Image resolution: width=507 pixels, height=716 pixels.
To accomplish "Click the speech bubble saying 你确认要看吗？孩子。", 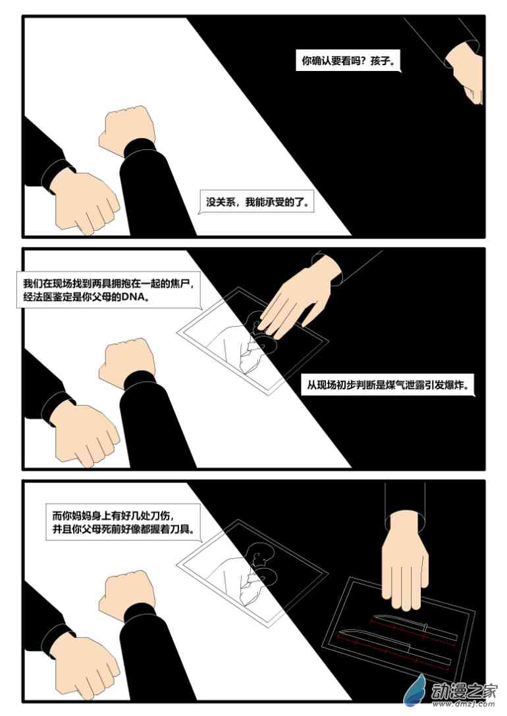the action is (x=348, y=60).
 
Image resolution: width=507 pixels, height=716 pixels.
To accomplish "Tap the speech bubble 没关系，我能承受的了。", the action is (x=257, y=203).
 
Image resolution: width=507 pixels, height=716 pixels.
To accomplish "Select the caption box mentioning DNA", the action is (x=109, y=291).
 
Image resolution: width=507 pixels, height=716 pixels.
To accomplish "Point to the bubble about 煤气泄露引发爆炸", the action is (x=388, y=385).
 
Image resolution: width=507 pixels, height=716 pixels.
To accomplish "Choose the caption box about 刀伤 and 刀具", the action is (x=123, y=523).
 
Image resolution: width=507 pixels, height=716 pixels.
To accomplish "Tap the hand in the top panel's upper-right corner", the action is (x=465, y=70).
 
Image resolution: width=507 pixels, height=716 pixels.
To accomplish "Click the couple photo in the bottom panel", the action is (x=252, y=579).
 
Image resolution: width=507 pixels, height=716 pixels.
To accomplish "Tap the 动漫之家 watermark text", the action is (x=464, y=691).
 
